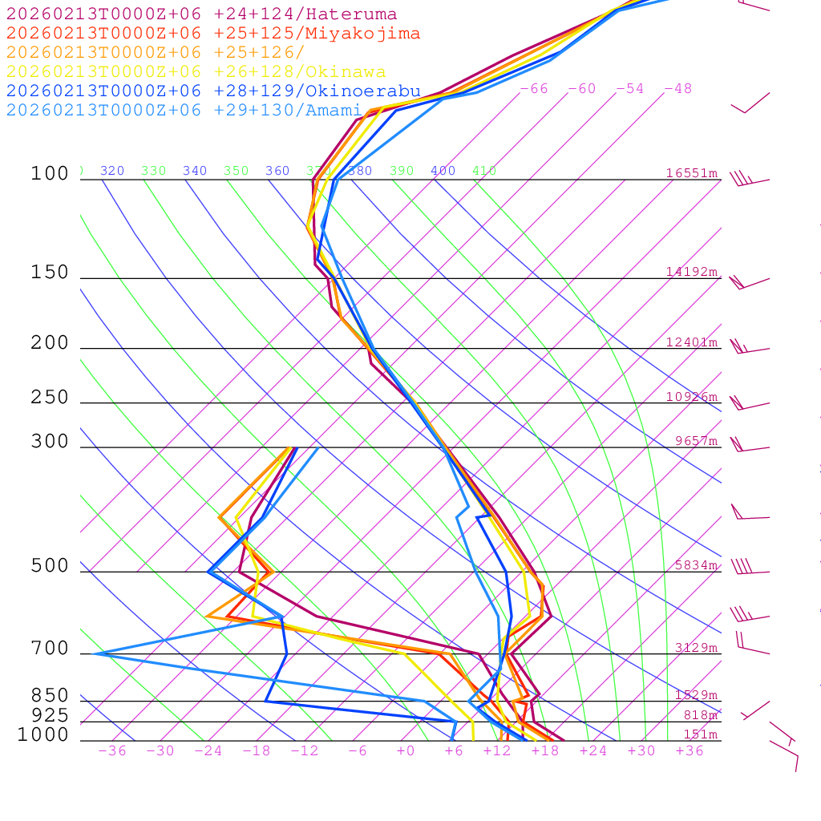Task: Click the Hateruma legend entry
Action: pyautogui.click(x=201, y=14)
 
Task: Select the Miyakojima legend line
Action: pyautogui.click(x=212, y=34)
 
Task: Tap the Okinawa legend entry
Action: pyautogui.click(x=196, y=72)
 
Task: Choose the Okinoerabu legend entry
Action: pyautogui.click(x=212, y=91)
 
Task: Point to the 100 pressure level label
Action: pyautogui.click(x=50, y=174)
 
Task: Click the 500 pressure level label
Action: pyautogui.click(x=50, y=566)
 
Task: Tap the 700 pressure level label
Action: pyautogui.click(x=50, y=649)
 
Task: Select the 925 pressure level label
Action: pyautogui.click(x=50, y=714)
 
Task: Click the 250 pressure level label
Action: pyautogui.click(x=50, y=398)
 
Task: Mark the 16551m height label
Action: pyautogui.click(x=691, y=173)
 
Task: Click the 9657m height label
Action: pyautogui.click(x=695, y=441)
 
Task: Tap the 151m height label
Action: pyautogui.click(x=700, y=734)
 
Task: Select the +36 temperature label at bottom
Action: pyautogui.click(x=689, y=751)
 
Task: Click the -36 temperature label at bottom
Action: pyautogui.click(x=111, y=751)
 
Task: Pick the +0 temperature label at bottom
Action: pyautogui.click(x=405, y=751)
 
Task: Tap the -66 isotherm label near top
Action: pyautogui.click(x=533, y=89)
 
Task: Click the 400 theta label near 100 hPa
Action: pyautogui.click(x=443, y=171)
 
